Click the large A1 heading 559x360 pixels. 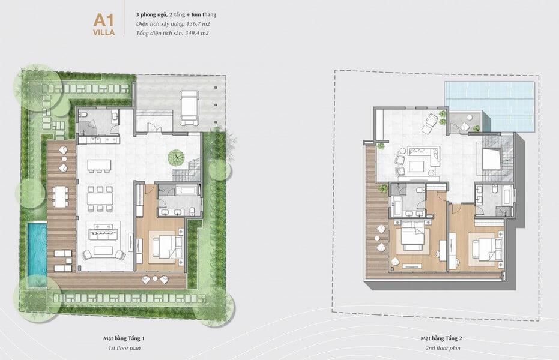click(x=104, y=20)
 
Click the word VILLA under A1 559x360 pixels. click(x=104, y=32)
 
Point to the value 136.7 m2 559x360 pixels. click(x=198, y=24)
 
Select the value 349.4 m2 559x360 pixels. click(x=197, y=33)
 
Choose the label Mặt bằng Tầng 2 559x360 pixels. click(x=441, y=338)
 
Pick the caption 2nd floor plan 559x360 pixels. click(x=443, y=348)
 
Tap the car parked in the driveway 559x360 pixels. click(x=189, y=108)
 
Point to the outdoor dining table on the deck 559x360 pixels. click(x=61, y=197)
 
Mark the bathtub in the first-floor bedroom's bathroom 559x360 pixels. click(x=186, y=190)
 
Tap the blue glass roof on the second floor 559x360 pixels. click(x=489, y=106)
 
